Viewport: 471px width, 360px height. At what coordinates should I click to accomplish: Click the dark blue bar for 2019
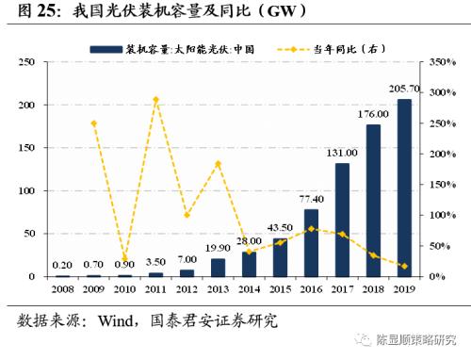pyautogui.click(x=403, y=188)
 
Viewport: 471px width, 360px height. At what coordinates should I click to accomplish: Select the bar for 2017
pyautogui.click(x=342, y=220)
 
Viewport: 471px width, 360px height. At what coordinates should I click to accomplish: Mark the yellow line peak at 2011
pyautogui.click(x=157, y=99)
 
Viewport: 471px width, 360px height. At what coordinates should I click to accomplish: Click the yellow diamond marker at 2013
pyautogui.click(x=219, y=164)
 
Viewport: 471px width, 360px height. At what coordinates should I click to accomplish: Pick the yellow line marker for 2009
pyautogui.click(x=95, y=123)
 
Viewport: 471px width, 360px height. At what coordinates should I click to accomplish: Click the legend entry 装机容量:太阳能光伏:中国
pyautogui.click(x=178, y=46)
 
